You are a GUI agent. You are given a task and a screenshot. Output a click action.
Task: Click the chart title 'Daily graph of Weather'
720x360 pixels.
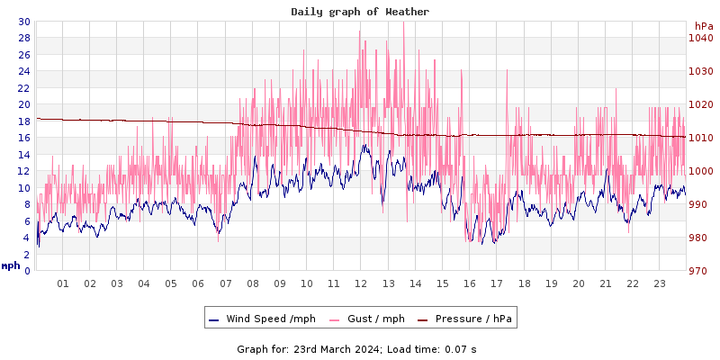360,12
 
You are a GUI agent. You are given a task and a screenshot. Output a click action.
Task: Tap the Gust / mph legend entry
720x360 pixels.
369,319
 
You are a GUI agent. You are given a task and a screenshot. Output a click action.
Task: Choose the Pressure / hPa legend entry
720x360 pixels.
473,319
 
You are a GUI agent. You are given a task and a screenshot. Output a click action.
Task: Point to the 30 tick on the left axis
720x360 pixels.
23,22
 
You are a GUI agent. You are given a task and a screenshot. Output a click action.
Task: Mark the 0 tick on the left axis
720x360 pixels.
27,271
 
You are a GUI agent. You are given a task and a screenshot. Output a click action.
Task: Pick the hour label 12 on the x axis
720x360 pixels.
361,283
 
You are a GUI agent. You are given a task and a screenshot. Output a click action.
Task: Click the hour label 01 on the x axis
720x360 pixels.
63,283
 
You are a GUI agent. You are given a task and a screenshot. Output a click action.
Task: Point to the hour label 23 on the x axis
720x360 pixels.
659,283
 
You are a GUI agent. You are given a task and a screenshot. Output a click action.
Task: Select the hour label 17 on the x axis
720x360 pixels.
496,283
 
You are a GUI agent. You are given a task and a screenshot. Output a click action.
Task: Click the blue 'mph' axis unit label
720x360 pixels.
11,265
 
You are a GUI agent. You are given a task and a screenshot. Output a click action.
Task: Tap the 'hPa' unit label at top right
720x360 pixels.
703,26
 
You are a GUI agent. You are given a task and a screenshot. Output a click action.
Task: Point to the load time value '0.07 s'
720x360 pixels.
460,348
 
